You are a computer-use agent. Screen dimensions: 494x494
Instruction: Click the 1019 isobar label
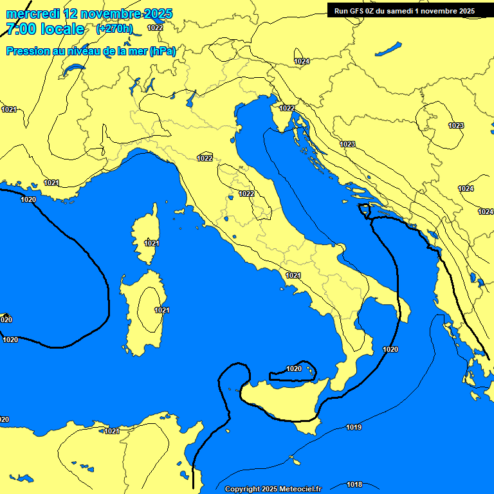pos(353,427)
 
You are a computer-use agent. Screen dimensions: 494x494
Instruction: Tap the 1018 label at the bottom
pos(354,484)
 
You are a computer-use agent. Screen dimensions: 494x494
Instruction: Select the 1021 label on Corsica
pos(152,243)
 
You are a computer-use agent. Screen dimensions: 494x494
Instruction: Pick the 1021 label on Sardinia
pos(161,310)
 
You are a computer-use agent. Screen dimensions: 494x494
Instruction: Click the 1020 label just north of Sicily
pos(294,369)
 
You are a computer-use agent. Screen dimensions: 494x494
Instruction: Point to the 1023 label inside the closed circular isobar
pos(456,125)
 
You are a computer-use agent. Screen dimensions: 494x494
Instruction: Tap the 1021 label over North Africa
pos(111,431)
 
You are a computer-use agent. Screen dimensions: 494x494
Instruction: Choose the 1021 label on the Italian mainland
pos(293,275)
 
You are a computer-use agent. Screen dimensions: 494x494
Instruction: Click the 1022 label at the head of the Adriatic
pos(287,108)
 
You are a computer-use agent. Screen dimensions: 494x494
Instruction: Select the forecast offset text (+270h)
pos(114,29)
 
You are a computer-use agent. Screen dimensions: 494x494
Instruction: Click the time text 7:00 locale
pos(44,29)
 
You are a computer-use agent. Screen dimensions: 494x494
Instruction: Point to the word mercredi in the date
pos(32,13)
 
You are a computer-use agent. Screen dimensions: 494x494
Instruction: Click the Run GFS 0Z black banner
pos(405,11)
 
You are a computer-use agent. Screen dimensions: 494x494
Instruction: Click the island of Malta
pos(295,461)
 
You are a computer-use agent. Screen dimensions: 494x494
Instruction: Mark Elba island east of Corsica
pos(179,210)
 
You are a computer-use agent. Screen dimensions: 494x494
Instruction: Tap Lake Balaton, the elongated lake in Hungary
pos(389,49)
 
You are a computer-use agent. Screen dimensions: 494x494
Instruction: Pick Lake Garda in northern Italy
pos(191,98)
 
